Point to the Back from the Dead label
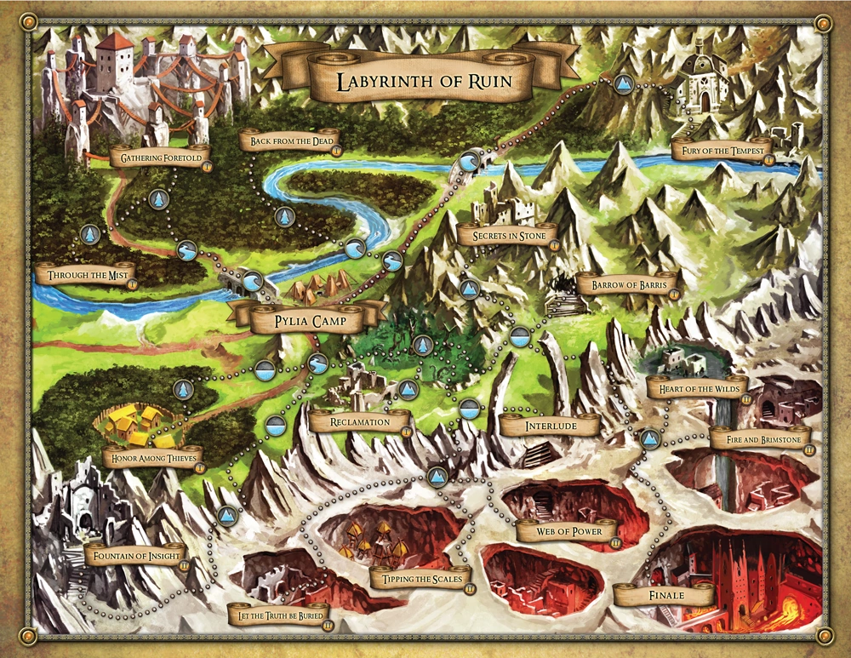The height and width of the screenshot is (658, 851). [x=289, y=141]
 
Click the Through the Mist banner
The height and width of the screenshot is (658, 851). [x=86, y=276]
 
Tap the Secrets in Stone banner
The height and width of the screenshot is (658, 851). [x=507, y=235]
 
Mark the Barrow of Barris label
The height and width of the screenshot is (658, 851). [x=627, y=284]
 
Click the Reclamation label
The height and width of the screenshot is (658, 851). [x=360, y=421]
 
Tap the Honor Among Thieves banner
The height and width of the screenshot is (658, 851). [x=150, y=458]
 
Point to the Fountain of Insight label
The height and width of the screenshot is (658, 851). [x=136, y=556]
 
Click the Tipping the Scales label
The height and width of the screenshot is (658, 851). [x=420, y=580]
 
